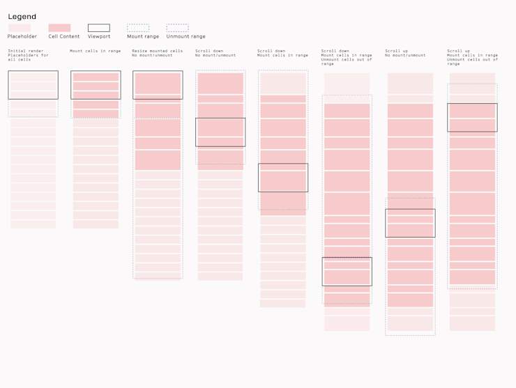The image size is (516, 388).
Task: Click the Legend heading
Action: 22,17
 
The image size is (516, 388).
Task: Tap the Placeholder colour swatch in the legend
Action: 19,28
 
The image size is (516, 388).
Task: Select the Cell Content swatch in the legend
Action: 59,28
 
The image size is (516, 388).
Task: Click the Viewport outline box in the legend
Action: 98,28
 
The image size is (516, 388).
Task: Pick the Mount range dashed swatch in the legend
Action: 138,28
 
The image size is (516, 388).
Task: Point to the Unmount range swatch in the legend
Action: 177,28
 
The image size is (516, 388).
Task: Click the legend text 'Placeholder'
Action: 22,36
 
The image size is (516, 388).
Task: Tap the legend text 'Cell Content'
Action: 64,36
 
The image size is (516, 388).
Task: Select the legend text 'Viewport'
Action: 99,36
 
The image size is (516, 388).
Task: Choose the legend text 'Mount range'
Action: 143,36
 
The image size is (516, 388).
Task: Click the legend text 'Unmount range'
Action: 186,36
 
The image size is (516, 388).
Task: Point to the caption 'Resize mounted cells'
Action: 158,51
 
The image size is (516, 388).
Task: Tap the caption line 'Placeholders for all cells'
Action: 28,57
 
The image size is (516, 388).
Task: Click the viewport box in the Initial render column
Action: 33,85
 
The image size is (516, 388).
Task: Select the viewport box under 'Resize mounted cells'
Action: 158,85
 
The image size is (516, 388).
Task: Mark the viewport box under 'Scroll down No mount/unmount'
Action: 220,132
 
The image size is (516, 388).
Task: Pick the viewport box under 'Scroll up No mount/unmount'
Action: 410,223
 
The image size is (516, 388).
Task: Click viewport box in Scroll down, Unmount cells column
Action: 347,272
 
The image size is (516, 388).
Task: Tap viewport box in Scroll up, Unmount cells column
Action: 472,118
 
